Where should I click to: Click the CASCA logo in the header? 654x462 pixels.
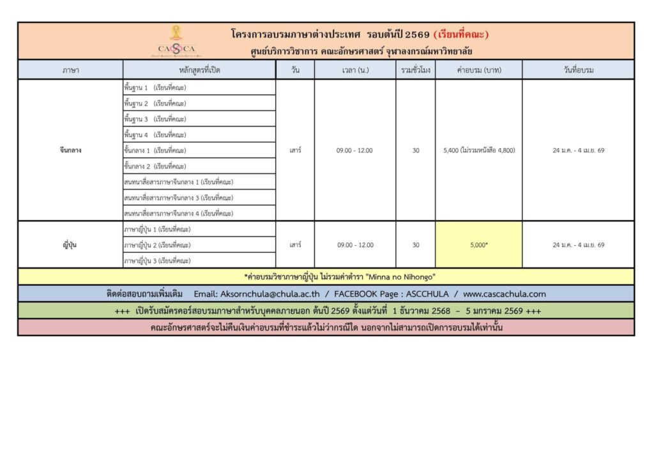tap(176, 41)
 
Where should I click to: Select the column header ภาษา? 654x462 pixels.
tap(70, 70)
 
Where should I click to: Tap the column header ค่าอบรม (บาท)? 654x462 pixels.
tap(478, 70)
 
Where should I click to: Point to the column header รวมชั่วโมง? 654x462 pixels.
tap(415, 70)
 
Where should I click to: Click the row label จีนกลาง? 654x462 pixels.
tap(70, 151)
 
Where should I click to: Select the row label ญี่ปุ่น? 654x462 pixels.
tap(70, 245)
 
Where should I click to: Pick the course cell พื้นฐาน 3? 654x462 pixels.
tap(155, 119)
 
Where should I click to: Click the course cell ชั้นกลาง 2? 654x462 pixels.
tap(155, 167)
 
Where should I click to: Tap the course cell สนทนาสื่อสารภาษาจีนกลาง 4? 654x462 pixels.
tap(179, 214)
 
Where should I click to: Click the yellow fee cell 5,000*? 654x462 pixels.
tap(478, 245)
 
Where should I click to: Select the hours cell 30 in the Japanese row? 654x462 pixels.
tap(416, 245)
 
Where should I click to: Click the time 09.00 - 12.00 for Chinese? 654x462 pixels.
tap(354, 151)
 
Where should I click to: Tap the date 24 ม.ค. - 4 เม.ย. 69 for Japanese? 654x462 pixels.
tap(578, 245)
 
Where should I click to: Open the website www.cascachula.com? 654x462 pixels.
tap(505, 294)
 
